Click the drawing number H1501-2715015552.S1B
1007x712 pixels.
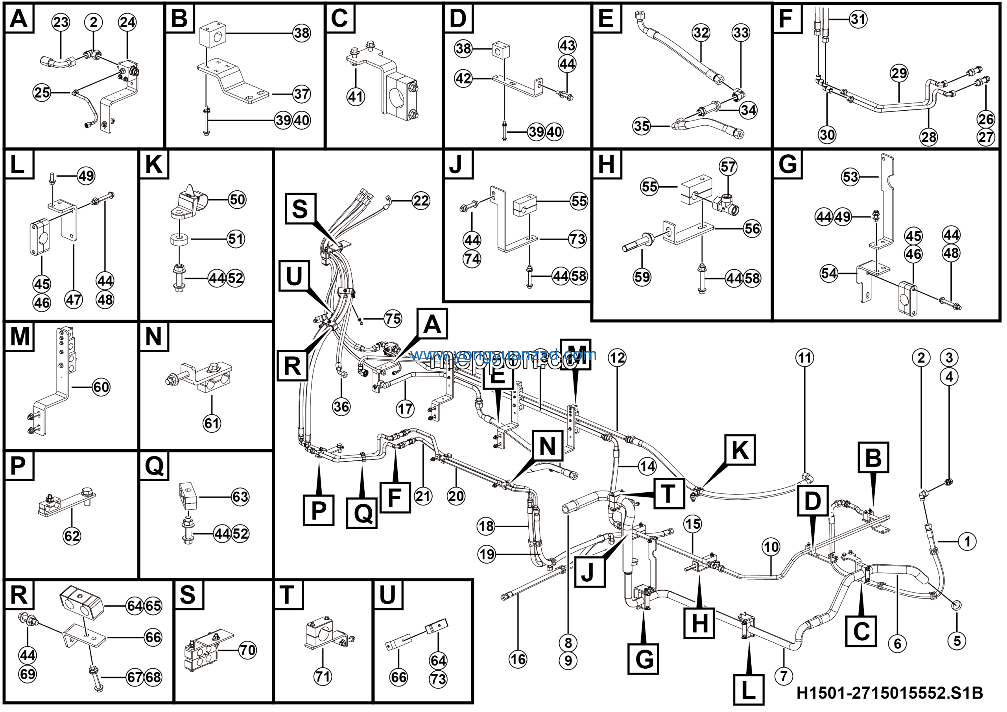tap(889, 693)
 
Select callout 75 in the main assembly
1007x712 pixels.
tap(393, 319)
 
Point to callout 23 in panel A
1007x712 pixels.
tap(61, 22)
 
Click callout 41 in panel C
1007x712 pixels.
tap(355, 96)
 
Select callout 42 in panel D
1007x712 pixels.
tap(463, 79)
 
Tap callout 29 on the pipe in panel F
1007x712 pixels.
tap(899, 73)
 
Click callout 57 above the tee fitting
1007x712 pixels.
tap(728, 167)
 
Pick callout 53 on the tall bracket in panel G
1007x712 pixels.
tap(850, 177)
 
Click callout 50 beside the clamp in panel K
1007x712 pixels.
tap(237, 200)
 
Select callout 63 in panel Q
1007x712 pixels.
tap(240, 497)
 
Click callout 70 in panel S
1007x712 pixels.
tap(247, 650)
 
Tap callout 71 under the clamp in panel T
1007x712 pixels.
tap(323, 677)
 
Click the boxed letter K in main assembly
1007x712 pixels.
tap(740, 450)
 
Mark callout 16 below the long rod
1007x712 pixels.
tap(518, 659)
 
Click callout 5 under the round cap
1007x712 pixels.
tap(957, 640)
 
